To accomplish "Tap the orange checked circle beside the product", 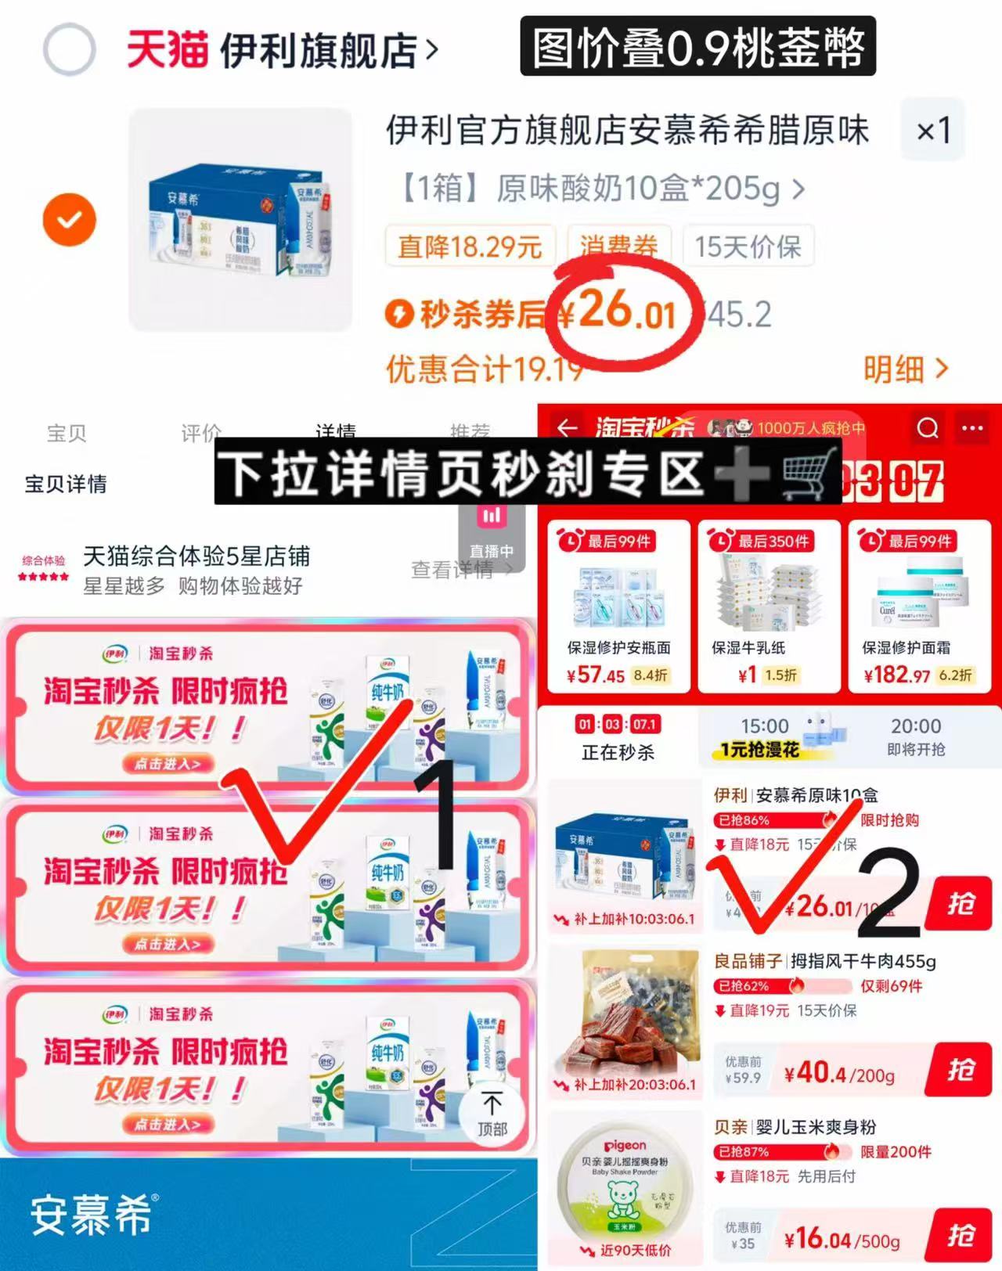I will [x=70, y=220].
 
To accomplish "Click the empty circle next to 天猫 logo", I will [x=70, y=49].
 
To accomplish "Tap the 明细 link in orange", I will [x=905, y=369].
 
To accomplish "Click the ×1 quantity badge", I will [x=933, y=130].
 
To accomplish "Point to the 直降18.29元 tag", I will [x=470, y=247].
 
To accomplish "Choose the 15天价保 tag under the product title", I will [x=748, y=247].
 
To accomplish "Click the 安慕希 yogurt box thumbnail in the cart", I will [x=240, y=220].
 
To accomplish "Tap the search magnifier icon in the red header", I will [x=928, y=428].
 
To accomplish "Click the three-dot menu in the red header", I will [x=972, y=428].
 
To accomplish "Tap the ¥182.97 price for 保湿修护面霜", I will [x=897, y=675].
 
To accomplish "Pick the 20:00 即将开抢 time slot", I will [x=915, y=736].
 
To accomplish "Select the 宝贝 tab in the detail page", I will [x=67, y=433].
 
